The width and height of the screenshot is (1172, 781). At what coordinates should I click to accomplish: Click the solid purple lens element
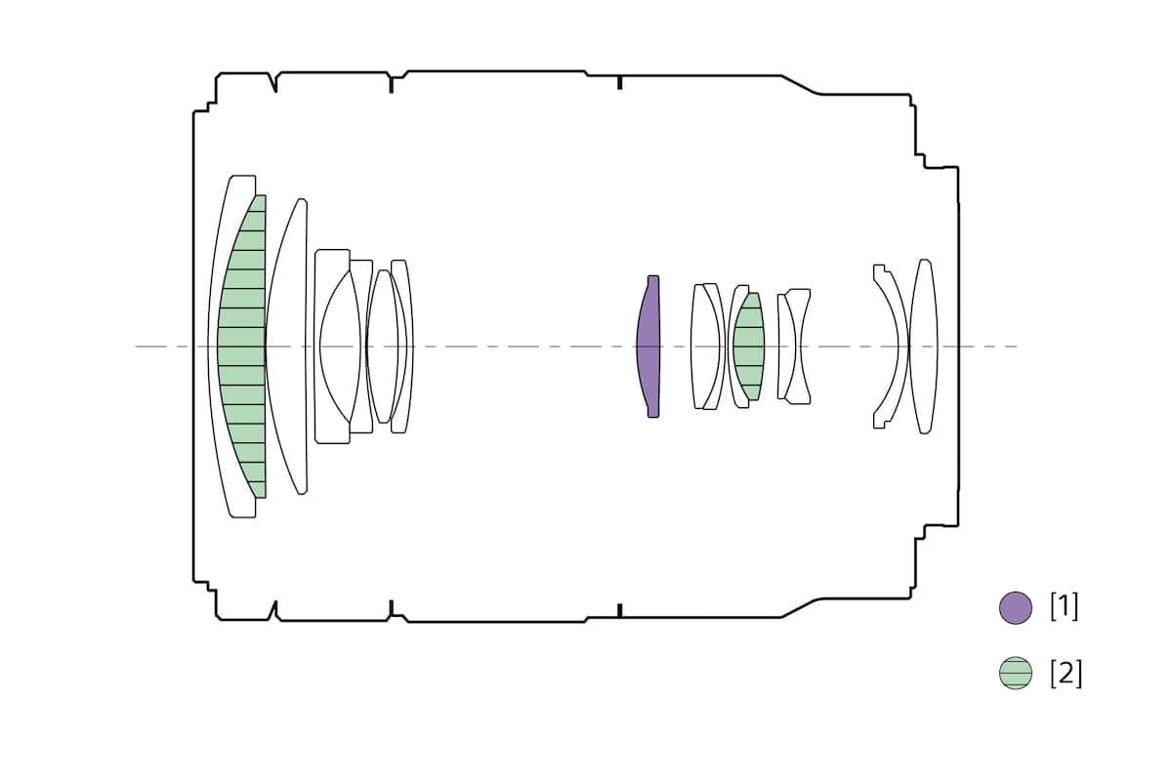click(x=649, y=347)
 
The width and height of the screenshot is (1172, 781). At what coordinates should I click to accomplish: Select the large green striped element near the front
click(x=243, y=347)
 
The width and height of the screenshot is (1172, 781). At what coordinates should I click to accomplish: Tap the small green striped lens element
click(x=749, y=347)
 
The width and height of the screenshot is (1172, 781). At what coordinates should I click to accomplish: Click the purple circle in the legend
click(x=1016, y=608)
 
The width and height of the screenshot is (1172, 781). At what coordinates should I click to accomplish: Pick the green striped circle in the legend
click(x=1016, y=673)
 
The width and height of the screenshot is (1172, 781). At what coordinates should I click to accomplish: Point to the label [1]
click(x=1065, y=607)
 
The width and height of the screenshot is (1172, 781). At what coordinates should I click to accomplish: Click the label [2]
click(x=1066, y=674)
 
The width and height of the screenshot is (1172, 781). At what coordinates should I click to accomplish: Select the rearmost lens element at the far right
click(x=924, y=347)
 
